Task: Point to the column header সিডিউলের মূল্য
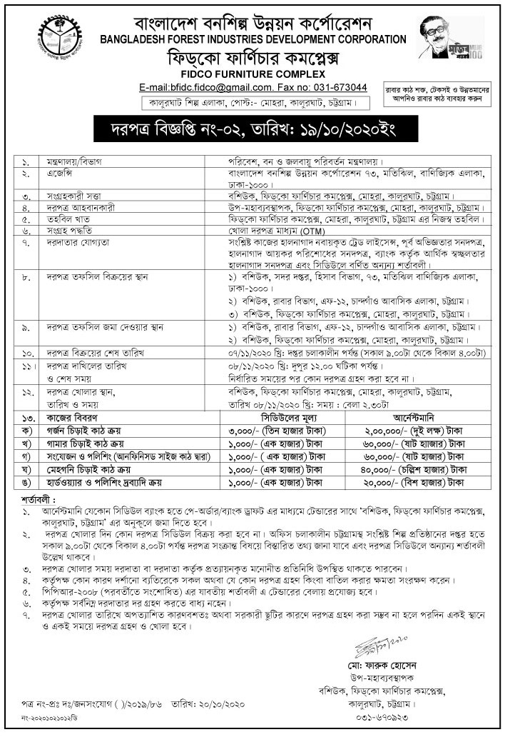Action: (292, 416)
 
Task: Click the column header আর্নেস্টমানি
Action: (414, 416)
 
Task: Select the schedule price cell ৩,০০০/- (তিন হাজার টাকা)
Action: (292, 430)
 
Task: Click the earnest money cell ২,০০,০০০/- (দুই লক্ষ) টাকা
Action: (414, 430)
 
